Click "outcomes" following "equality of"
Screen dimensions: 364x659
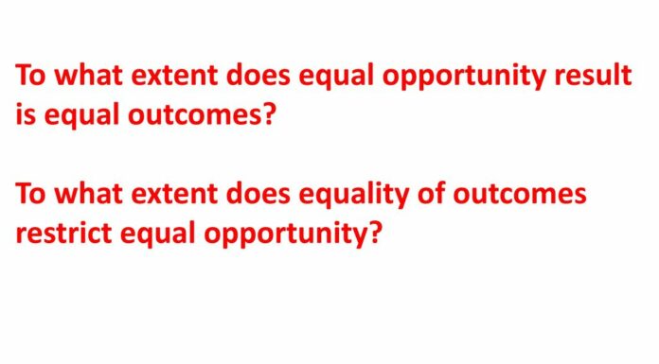tap(523, 195)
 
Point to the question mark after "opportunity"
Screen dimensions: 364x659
tap(375, 233)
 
